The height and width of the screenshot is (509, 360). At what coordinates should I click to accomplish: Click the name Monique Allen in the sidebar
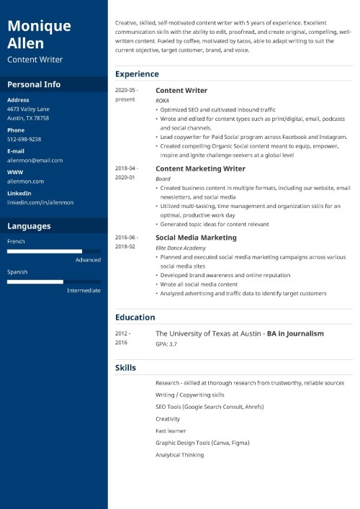coord(39,35)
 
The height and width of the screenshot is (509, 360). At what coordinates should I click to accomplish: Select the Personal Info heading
coord(34,84)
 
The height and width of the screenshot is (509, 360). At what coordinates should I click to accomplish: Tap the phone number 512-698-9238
coord(24,139)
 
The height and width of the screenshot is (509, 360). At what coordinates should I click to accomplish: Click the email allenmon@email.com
coord(35,160)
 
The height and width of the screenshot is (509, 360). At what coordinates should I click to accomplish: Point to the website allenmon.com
coord(25,181)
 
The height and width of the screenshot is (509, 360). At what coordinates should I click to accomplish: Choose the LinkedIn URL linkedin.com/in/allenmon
coord(40,202)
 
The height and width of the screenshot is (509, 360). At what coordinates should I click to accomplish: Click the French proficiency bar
coord(54,251)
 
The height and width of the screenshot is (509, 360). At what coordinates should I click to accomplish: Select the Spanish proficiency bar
coord(54,281)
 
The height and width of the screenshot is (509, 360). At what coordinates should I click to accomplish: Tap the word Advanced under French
coord(88,260)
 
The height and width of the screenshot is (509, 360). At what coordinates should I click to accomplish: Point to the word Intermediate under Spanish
coord(84,290)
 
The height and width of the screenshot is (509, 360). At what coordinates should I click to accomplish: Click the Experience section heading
coord(137,74)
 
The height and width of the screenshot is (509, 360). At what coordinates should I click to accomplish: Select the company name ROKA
coord(163,101)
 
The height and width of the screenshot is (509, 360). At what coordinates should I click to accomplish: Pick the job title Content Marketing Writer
coord(200,168)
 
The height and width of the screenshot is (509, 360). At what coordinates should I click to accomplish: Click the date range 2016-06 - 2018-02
coord(126,241)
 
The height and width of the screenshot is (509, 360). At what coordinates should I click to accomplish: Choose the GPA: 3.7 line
coord(167,345)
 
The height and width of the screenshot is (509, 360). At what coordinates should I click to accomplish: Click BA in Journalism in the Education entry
coord(295,334)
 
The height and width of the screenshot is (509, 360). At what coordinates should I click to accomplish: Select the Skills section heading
coord(125,368)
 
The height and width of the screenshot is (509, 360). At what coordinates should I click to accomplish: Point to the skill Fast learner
coord(171,431)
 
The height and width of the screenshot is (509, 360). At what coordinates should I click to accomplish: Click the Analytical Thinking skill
coord(179,455)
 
